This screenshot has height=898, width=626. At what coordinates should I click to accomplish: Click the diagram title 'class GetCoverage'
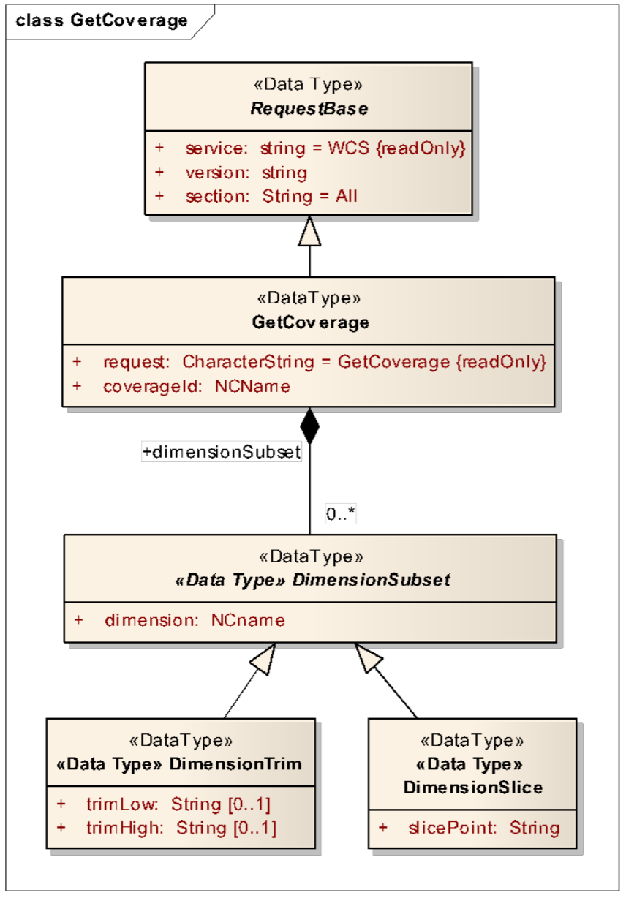[x=102, y=20]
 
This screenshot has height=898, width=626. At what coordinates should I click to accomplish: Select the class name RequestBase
[x=309, y=109]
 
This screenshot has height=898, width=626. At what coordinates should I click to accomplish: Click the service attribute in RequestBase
[x=325, y=148]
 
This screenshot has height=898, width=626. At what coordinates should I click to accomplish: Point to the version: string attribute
[x=246, y=173]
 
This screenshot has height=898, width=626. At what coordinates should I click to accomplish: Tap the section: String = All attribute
[x=271, y=196]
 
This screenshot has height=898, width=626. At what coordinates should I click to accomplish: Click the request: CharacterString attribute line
[x=324, y=362]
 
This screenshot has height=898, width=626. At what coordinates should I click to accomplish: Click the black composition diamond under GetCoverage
[x=310, y=426]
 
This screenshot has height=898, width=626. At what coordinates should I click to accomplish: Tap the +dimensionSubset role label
[x=222, y=453]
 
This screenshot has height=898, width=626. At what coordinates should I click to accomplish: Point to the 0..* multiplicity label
[x=341, y=515]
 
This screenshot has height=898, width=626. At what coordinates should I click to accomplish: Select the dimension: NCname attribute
[x=195, y=621]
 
